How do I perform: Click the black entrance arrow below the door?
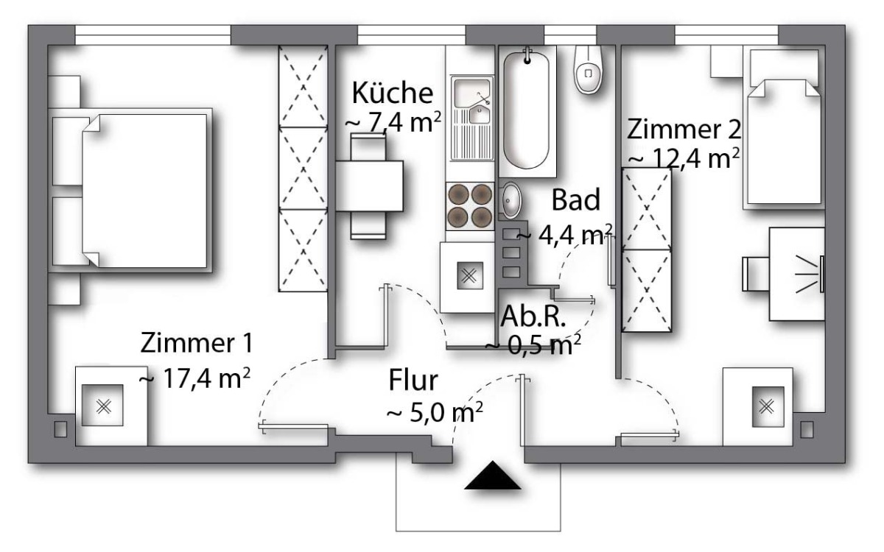pyautogui.click(x=493, y=475)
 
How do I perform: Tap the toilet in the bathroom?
pyautogui.click(x=588, y=70)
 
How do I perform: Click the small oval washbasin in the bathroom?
pyautogui.click(x=511, y=201)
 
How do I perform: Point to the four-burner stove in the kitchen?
pyautogui.click(x=470, y=206)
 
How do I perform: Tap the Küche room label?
pyautogui.click(x=392, y=93)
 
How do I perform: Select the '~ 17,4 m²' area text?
pyautogui.click(x=194, y=378)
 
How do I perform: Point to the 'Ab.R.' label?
pyautogui.click(x=533, y=316)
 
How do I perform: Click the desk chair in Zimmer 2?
pyautogui.click(x=756, y=274)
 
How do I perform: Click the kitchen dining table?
pyautogui.click(x=369, y=185)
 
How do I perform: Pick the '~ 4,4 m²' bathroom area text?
pyautogui.click(x=564, y=236)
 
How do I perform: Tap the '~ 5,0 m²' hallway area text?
pyautogui.click(x=435, y=412)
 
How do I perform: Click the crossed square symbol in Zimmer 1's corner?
pyautogui.click(x=102, y=406)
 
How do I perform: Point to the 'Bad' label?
pyautogui.click(x=576, y=199)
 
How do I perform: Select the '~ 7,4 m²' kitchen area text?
pyautogui.click(x=393, y=123)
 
